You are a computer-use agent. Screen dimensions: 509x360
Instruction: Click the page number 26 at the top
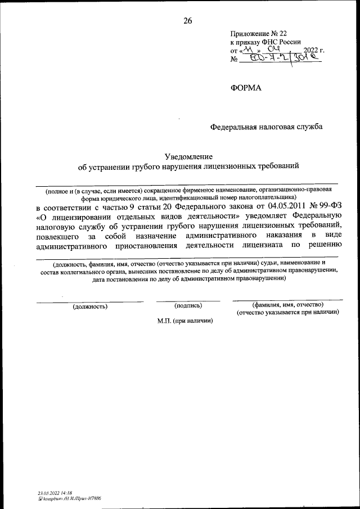point(187,21)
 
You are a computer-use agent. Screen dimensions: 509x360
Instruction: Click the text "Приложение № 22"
point(254,34)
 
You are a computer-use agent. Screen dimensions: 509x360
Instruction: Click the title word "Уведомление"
point(188,156)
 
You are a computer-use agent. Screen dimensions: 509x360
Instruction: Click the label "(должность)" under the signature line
point(90,307)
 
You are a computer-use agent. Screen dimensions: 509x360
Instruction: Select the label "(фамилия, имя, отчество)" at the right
point(287,304)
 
